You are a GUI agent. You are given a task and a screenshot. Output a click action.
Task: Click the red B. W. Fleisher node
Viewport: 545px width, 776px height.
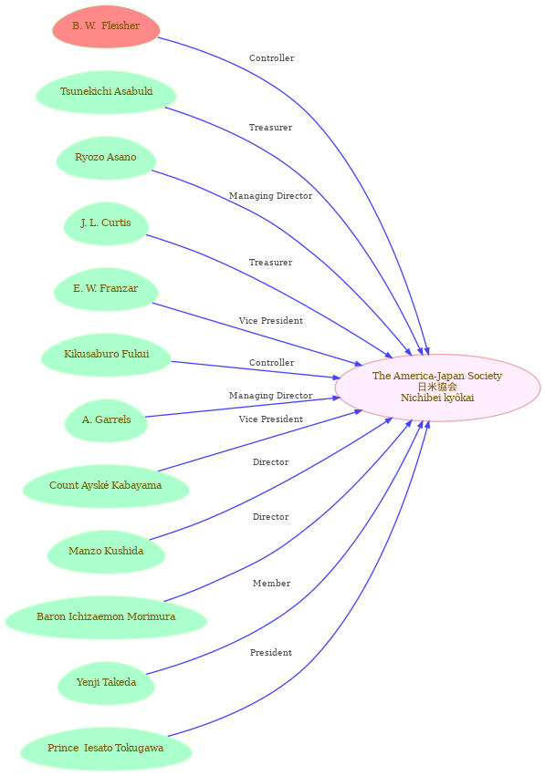click(x=106, y=26)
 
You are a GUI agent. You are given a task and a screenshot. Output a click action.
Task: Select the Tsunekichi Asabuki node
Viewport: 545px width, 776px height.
click(x=106, y=92)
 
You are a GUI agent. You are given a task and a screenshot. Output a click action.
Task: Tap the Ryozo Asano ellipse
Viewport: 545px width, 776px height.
click(x=106, y=158)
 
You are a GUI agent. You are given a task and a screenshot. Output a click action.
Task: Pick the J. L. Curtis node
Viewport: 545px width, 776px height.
click(x=106, y=223)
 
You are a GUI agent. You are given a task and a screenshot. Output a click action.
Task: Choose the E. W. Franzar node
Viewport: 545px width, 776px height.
click(x=106, y=289)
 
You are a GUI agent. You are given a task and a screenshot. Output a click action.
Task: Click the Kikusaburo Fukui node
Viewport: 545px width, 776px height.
click(x=106, y=355)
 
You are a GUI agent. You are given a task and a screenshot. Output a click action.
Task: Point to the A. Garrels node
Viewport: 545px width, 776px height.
click(x=106, y=420)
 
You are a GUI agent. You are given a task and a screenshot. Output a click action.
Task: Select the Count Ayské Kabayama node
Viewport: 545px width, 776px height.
click(x=106, y=486)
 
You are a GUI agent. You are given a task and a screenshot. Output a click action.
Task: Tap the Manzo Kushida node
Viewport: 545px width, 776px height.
click(x=106, y=552)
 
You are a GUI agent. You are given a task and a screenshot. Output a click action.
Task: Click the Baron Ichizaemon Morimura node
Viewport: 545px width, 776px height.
click(x=106, y=617)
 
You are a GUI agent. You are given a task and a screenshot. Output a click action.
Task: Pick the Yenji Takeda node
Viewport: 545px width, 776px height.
click(x=106, y=683)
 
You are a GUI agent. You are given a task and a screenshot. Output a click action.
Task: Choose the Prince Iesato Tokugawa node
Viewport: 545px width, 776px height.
click(x=106, y=749)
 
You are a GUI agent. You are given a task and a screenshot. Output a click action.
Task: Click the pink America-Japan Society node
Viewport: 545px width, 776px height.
click(x=437, y=388)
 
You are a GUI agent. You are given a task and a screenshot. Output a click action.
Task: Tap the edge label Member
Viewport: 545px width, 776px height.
click(x=271, y=584)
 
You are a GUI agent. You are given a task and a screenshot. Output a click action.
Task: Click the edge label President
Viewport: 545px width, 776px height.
click(x=271, y=653)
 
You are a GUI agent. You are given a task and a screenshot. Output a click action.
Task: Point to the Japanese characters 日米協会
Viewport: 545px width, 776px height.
click(x=437, y=387)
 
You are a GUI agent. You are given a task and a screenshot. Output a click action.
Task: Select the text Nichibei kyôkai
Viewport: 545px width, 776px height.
click(x=437, y=398)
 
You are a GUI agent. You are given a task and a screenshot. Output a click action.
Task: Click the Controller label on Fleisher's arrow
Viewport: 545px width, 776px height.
click(x=271, y=58)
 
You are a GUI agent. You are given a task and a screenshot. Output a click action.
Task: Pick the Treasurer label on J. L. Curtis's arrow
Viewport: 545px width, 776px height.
click(x=270, y=263)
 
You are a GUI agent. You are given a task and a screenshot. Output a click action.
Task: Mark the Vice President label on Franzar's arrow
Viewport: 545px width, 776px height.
click(x=271, y=321)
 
